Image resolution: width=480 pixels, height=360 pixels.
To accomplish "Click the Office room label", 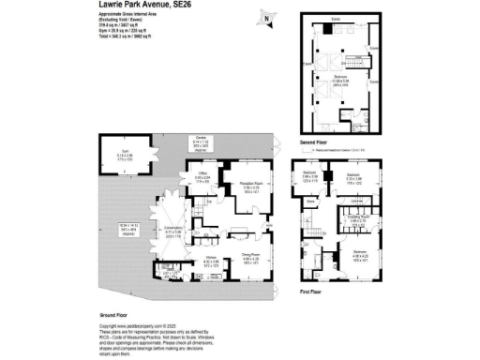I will pos(201,174).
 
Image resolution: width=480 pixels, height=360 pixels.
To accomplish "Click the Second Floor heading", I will pos(312,142).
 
